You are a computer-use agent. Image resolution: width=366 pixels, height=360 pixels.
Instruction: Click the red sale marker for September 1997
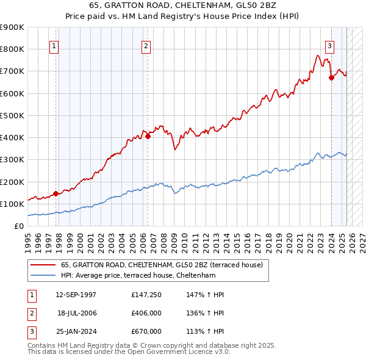tap(56, 193)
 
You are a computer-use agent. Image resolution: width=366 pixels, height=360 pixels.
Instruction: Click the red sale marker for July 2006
tap(148, 136)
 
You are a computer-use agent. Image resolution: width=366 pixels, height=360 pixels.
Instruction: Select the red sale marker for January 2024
tap(331, 77)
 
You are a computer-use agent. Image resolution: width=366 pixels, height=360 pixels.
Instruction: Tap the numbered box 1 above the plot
tap(54, 45)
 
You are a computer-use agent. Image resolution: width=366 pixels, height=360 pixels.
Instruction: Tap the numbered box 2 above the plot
tap(146, 45)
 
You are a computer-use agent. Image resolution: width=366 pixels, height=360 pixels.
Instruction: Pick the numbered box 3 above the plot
tap(329, 45)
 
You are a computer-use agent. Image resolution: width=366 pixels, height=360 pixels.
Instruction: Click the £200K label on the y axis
tap(12, 182)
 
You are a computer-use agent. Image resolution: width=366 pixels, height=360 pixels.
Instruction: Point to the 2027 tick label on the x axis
tap(361, 240)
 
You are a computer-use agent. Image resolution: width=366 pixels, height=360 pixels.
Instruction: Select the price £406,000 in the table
tap(146, 313)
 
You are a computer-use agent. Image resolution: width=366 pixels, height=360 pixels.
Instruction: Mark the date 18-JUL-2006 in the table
tap(77, 313)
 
